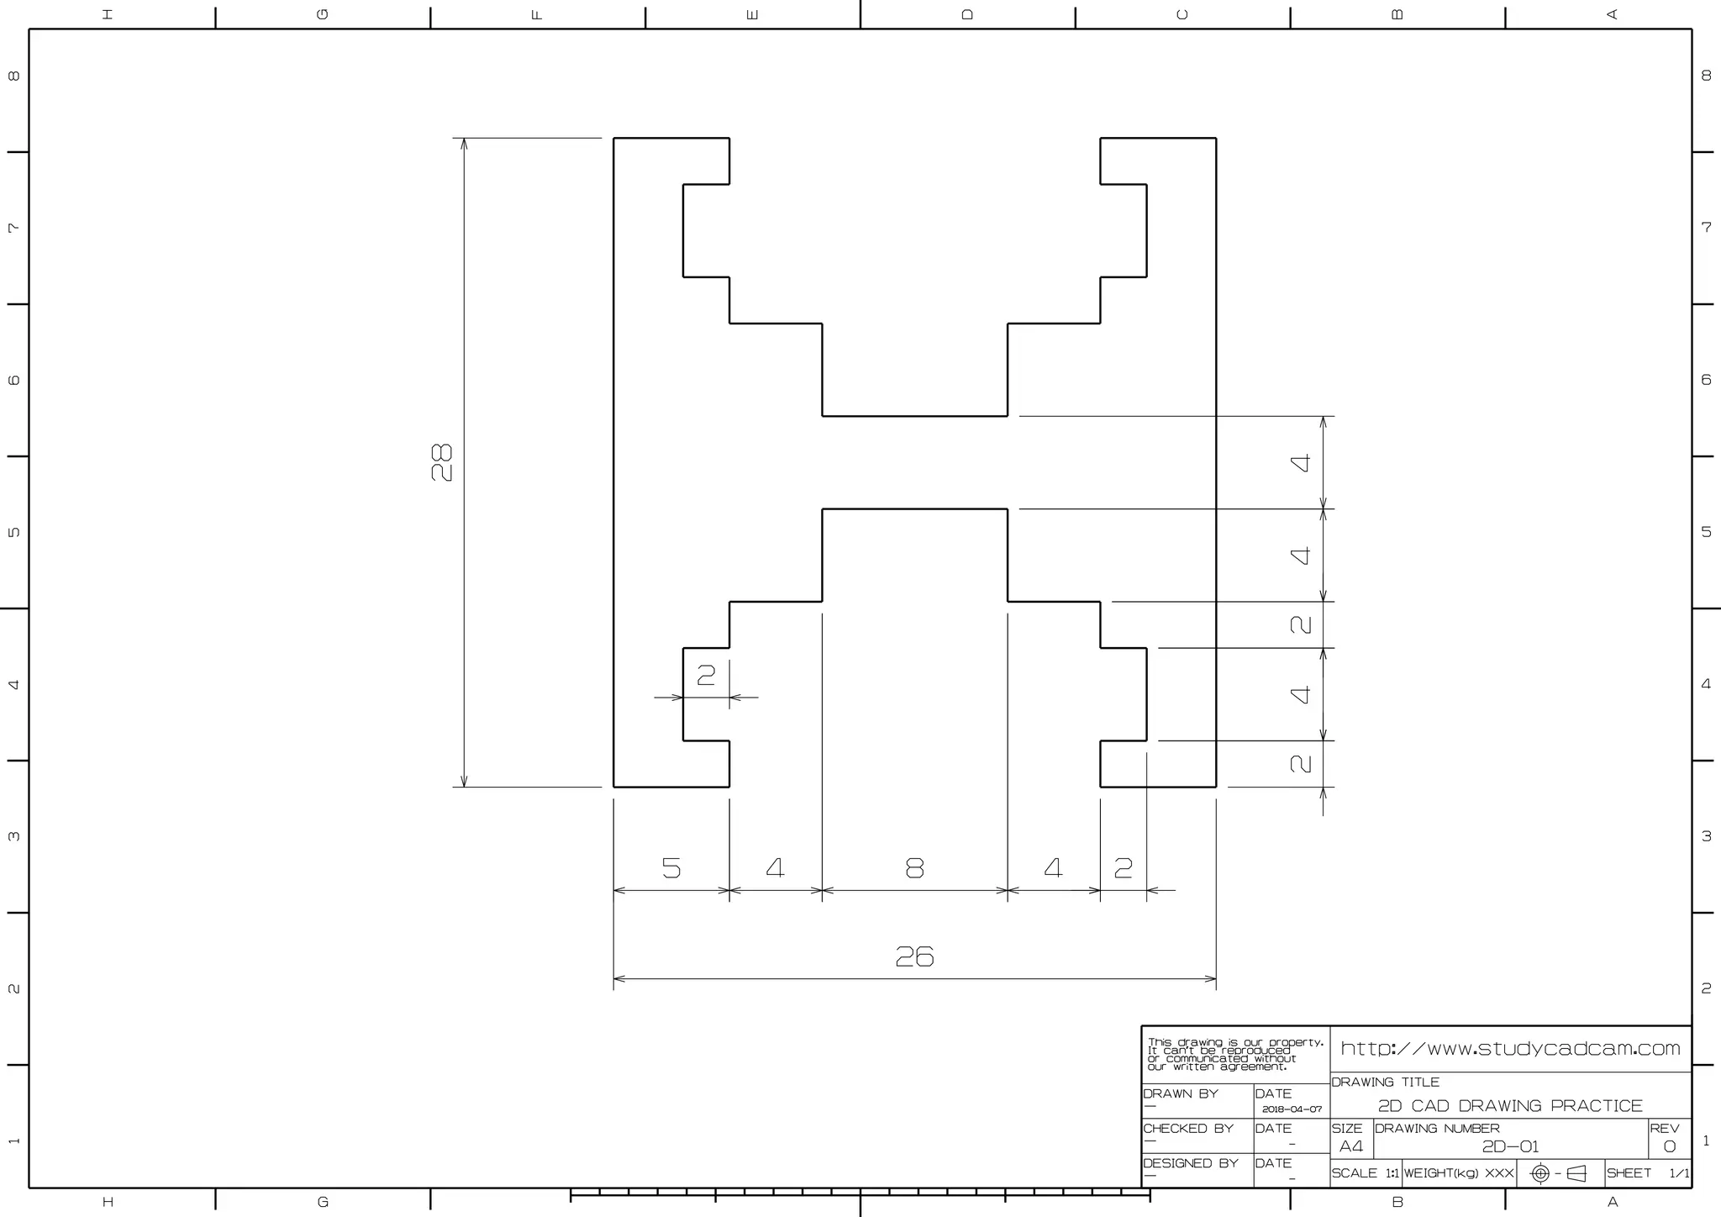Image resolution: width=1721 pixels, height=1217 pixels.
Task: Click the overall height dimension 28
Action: click(441, 462)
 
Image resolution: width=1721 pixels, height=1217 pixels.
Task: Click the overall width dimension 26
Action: click(914, 956)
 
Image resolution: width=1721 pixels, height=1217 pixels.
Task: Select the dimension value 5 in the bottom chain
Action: click(671, 867)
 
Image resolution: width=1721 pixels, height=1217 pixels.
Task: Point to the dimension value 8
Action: click(914, 867)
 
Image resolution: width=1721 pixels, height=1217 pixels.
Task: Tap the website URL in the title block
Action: click(1510, 1048)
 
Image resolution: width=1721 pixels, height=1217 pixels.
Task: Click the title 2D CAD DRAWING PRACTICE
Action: click(1510, 1106)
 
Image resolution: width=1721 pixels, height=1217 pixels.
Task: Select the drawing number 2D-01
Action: click(1510, 1146)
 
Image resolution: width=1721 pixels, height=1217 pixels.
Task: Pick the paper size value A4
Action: click(1351, 1146)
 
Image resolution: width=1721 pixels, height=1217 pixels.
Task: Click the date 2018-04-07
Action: click(1292, 1109)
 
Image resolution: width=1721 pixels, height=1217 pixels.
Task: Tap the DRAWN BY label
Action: click(1181, 1093)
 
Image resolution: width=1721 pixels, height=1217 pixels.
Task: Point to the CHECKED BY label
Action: click(1188, 1128)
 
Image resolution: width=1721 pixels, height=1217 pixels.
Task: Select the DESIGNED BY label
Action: click(1191, 1163)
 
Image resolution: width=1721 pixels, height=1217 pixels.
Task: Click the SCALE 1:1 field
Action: click(1366, 1173)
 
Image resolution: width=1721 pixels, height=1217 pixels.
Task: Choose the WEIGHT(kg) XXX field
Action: click(1459, 1173)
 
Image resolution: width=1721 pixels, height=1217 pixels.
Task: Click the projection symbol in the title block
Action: click(1559, 1173)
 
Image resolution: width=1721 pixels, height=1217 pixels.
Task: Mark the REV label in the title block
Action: click(1664, 1128)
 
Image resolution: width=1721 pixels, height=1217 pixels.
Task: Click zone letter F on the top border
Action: click(538, 14)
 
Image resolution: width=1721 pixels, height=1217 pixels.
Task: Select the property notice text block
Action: click(1235, 1054)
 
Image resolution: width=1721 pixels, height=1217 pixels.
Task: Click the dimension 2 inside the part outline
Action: click(706, 674)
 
